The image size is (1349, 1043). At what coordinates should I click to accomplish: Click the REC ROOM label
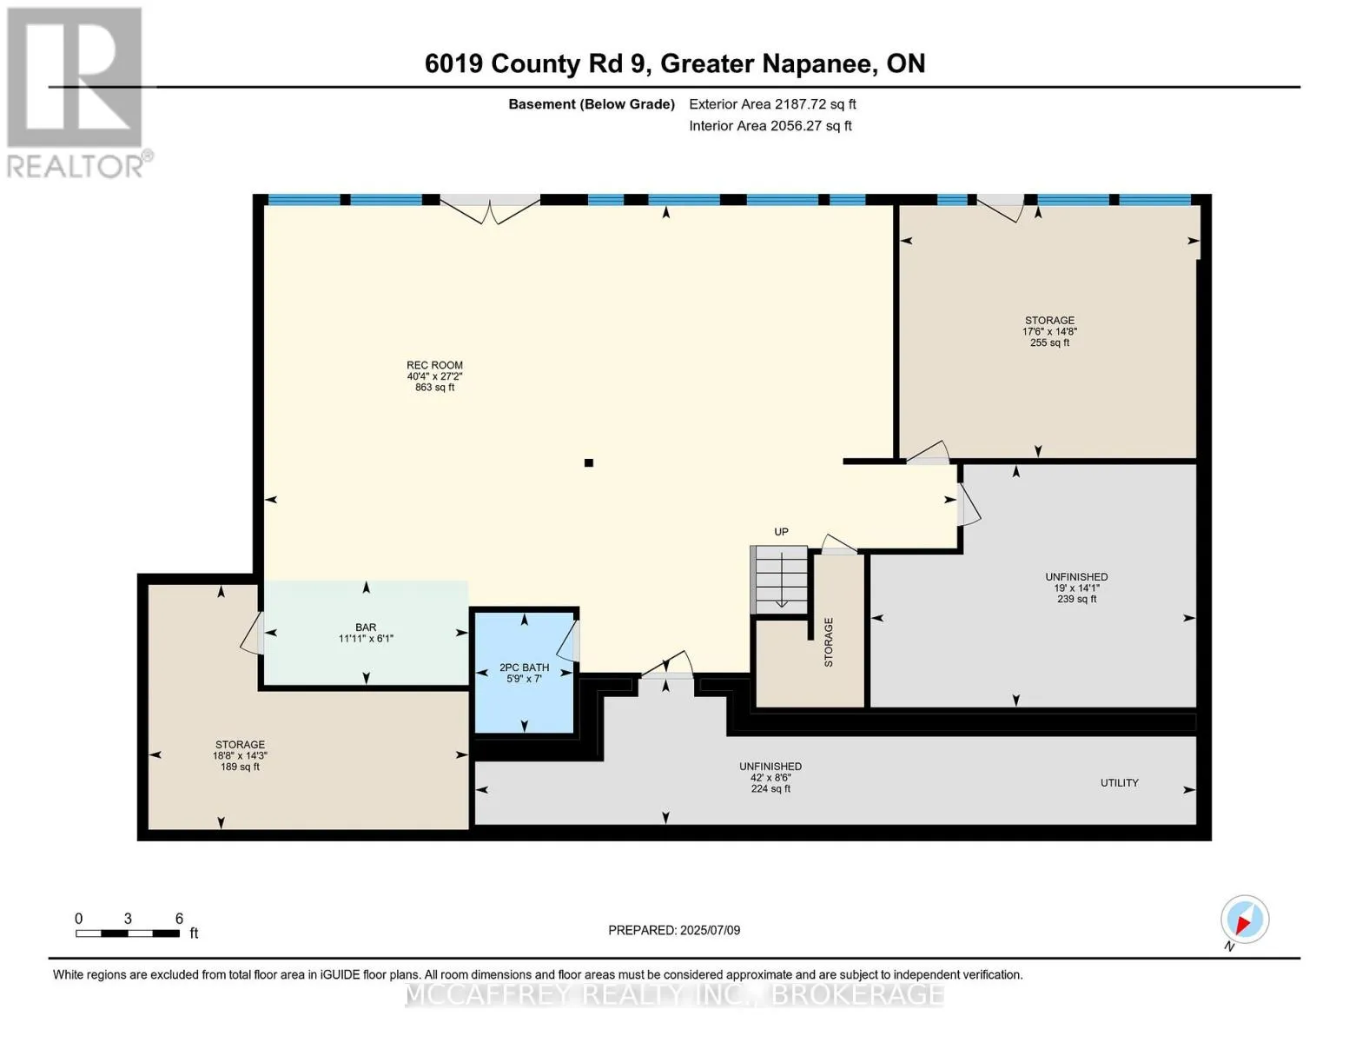point(434,365)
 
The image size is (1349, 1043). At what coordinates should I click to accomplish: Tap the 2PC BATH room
point(525,673)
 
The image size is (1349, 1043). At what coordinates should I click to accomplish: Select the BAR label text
point(366,628)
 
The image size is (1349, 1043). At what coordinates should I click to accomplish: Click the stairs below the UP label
point(779,581)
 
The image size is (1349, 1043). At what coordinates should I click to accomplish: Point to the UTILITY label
point(1120,783)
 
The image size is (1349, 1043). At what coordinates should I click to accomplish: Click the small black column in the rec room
point(589,462)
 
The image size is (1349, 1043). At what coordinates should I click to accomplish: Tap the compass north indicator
point(1245,920)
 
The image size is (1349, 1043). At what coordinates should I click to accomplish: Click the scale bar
point(128,933)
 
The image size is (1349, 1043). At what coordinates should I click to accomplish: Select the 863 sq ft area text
point(434,388)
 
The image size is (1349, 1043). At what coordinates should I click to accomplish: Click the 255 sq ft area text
point(1050,343)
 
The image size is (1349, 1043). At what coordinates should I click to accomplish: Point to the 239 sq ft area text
point(1076,600)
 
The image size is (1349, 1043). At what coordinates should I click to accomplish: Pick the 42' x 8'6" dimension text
point(770,778)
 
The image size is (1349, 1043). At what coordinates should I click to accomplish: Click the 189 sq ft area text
point(241,767)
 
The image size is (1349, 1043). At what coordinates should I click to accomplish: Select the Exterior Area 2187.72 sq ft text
point(772,104)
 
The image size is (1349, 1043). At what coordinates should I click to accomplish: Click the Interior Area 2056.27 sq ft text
point(770,126)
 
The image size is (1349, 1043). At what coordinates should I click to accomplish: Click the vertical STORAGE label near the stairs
point(828,642)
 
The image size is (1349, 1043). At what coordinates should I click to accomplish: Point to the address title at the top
point(675,63)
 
